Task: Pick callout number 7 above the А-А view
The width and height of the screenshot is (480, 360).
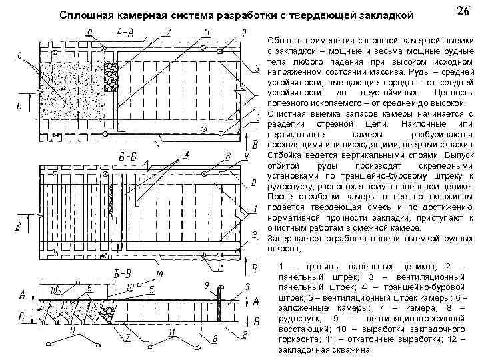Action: [x=168, y=31]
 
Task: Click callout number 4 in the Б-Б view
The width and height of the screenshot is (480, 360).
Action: [x=187, y=155]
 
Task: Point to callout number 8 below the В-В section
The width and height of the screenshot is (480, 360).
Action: [x=215, y=340]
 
